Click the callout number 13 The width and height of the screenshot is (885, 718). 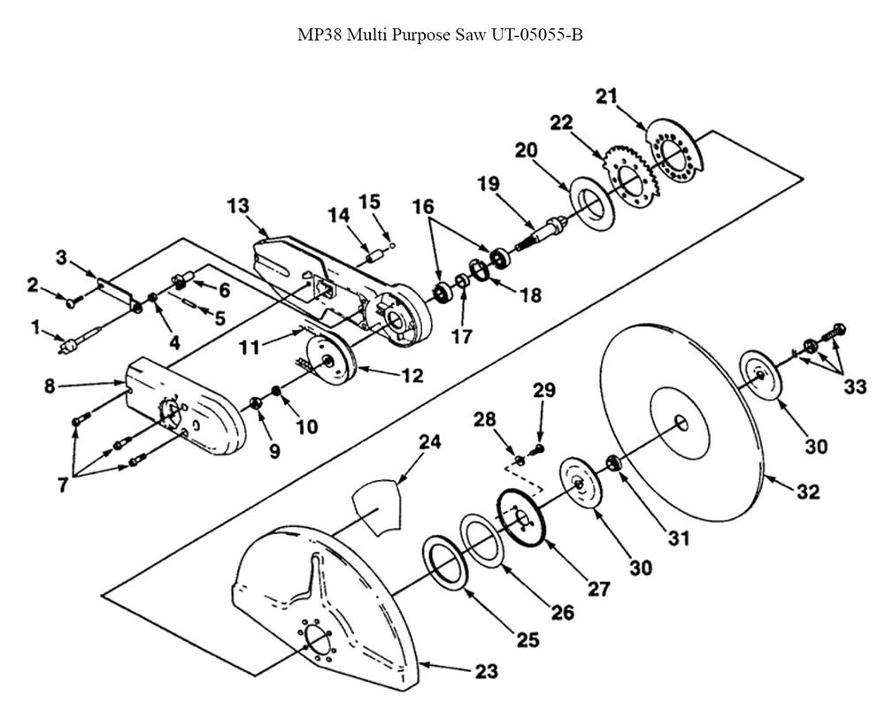(x=237, y=206)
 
